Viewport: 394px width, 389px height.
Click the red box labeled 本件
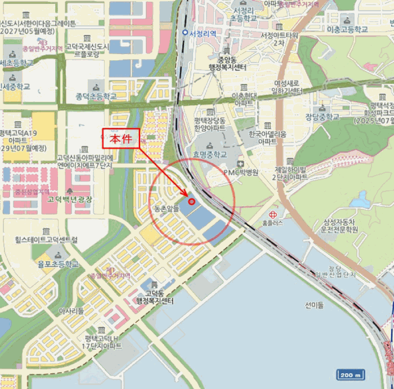tap(120, 138)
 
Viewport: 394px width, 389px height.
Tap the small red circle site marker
tap(191, 202)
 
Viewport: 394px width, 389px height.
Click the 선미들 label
tap(315, 306)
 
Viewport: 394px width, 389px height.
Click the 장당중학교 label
tap(323, 117)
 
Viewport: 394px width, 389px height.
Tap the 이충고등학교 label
tap(347, 29)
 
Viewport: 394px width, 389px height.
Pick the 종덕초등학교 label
tap(95, 96)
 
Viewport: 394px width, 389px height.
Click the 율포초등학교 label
tap(58, 263)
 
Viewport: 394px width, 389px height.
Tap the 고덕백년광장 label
tap(70, 199)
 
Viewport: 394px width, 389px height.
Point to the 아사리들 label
tap(71, 310)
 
